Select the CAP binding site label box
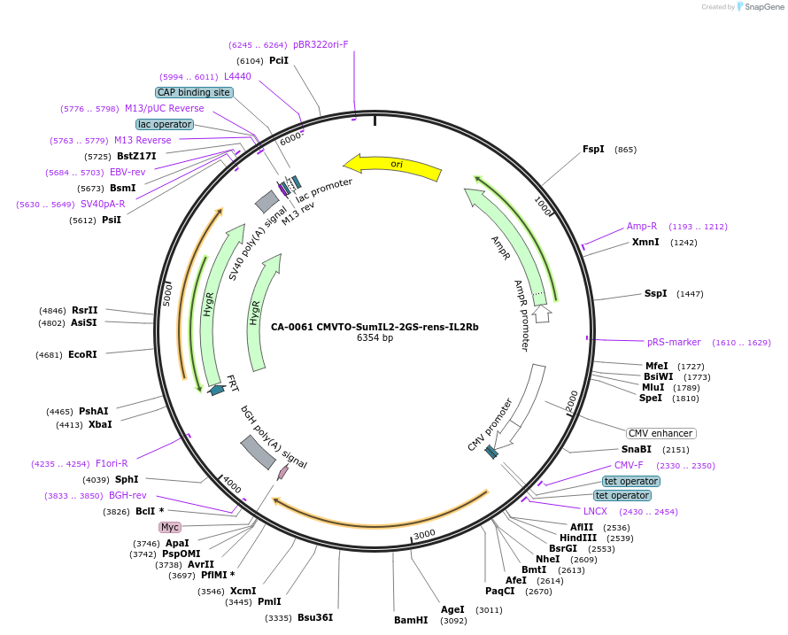pyautogui.click(x=194, y=92)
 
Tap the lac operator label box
pyautogui.click(x=164, y=124)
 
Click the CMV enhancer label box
pyautogui.click(x=661, y=433)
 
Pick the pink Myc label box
pyautogui.click(x=170, y=527)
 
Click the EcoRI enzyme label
pyautogui.click(x=82, y=354)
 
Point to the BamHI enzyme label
pyautogui.click(x=411, y=620)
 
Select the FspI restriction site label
pyautogui.click(x=593, y=149)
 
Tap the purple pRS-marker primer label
pyautogui.click(x=674, y=342)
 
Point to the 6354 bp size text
pyautogui.click(x=375, y=337)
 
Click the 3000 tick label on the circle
pyautogui.click(x=425, y=534)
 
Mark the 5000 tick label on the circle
pyautogui.click(x=167, y=295)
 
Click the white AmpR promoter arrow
pyautogui.click(x=541, y=313)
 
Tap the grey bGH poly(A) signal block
pyautogui.click(x=258, y=453)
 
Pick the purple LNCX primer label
pyautogui.click(x=595, y=511)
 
